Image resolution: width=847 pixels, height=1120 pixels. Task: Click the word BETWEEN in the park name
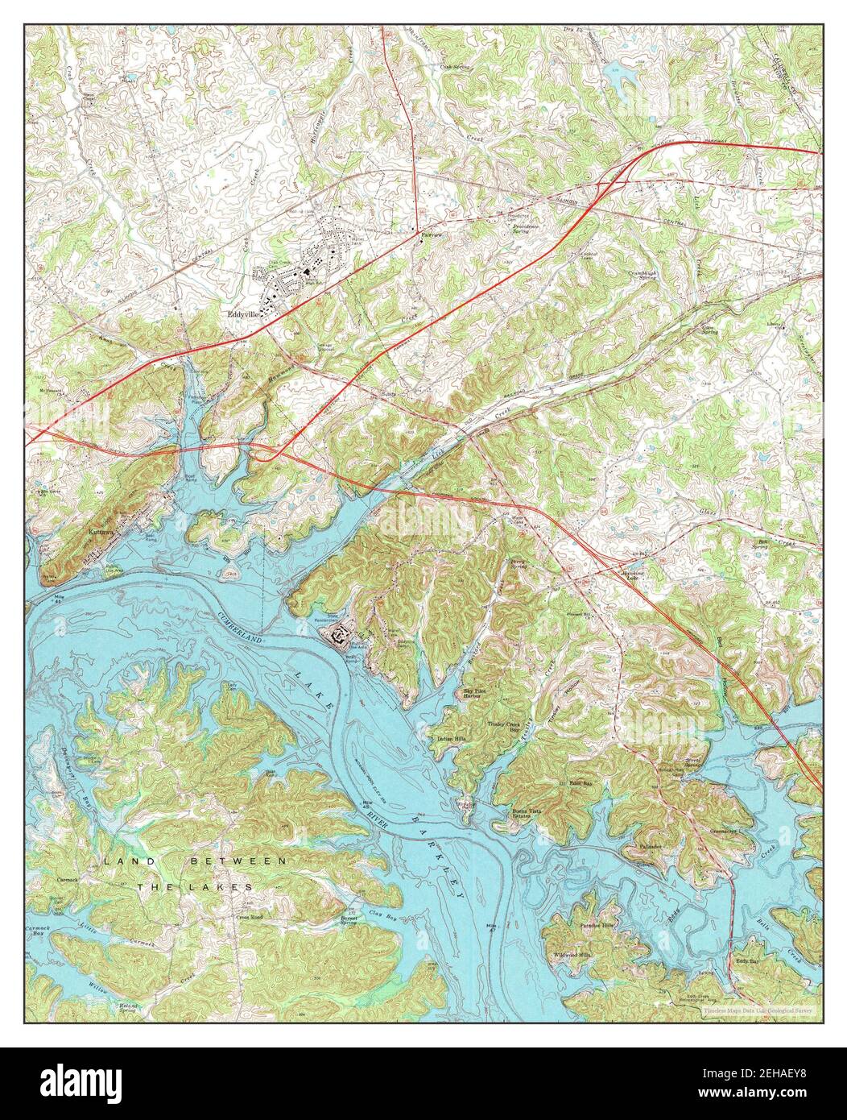coord(238,861)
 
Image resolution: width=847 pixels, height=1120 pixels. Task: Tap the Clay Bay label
coord(382,913)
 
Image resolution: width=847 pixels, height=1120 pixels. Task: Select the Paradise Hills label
coord(597,926)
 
